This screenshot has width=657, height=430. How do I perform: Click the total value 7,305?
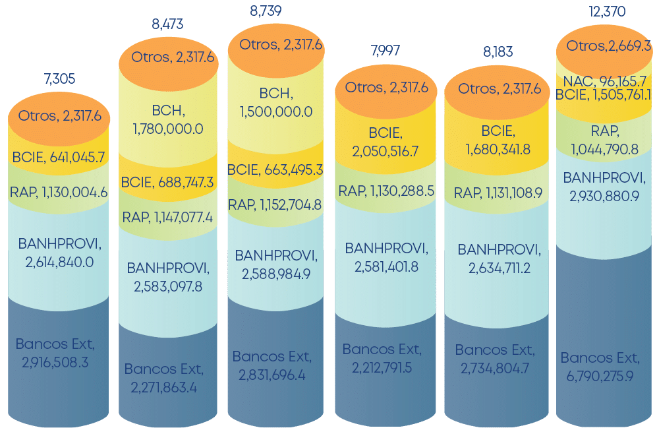(59, 79)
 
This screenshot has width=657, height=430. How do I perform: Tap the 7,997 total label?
(386, 51)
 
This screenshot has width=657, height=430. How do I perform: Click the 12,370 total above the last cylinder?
(607, 12)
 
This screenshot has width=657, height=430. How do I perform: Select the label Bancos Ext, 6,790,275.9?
(600, 367)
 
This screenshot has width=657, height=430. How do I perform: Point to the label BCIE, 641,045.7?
(59, 157)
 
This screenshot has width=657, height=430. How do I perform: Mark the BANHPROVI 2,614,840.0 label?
(59, 253)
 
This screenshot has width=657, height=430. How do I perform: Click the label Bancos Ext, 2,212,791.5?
(382, 358)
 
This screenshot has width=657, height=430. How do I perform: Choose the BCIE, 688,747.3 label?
(167, 182)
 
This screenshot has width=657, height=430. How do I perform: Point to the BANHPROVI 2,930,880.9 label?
(604, 187)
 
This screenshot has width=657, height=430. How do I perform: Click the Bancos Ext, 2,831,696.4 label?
(271, 365)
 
